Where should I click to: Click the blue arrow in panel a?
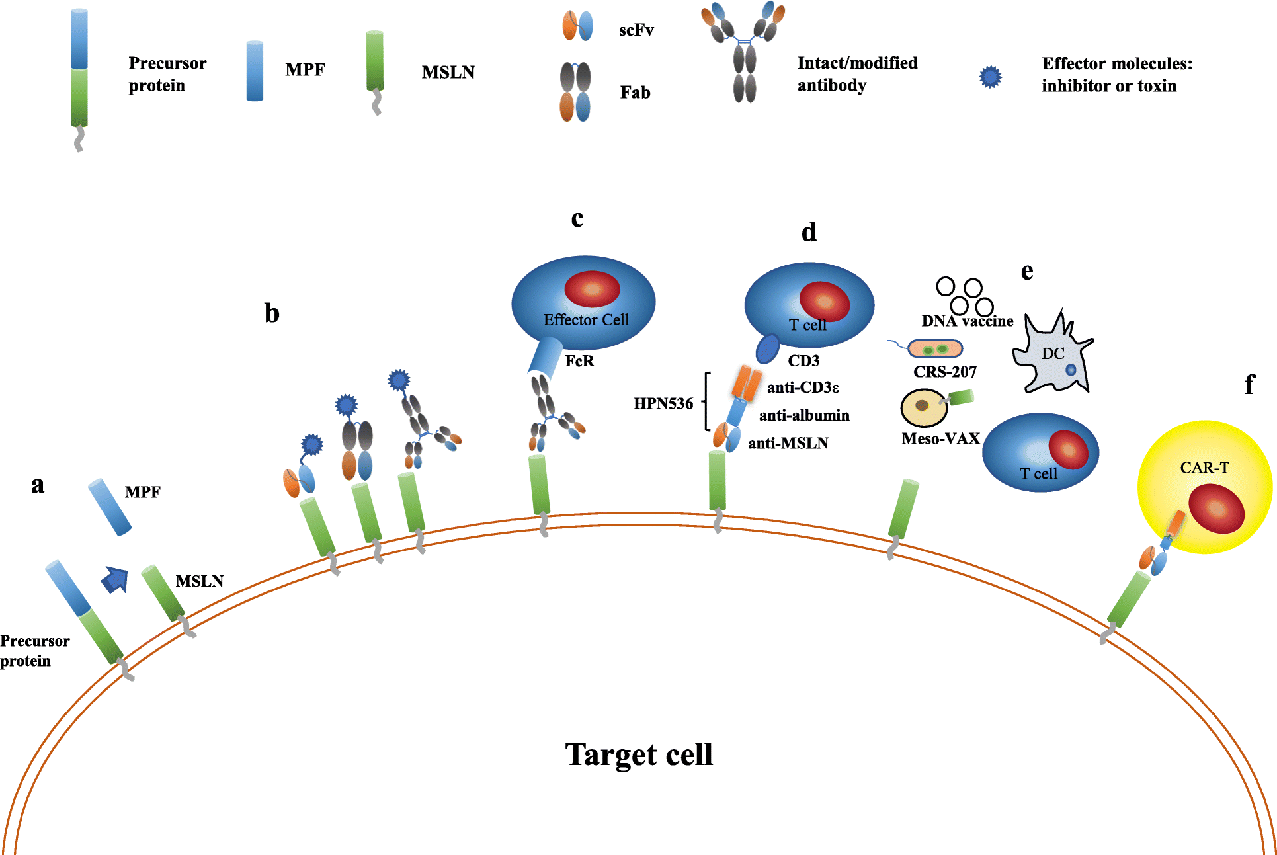pos(115,580)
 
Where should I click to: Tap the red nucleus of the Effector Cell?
pos(592,289)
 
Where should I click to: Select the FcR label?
pos(579,361)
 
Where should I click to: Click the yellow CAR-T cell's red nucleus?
pos(1216,509)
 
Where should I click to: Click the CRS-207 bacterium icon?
pos(934,348)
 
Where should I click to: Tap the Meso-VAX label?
pos(940,439)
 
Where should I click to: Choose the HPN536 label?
pos(663,403)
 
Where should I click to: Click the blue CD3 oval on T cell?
pos(768,348)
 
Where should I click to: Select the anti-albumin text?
pos(804,415)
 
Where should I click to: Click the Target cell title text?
pos(639,754)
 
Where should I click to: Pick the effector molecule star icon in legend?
pos(990,77)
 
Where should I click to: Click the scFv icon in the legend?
pos(577,26)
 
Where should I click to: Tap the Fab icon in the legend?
pos(575,93)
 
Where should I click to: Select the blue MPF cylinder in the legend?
pos(255,71)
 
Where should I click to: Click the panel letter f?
pos(1249,384)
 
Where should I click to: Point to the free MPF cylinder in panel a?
pos(110,507)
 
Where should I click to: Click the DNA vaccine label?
pos(967,321)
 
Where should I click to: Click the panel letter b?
pos(272,313)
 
